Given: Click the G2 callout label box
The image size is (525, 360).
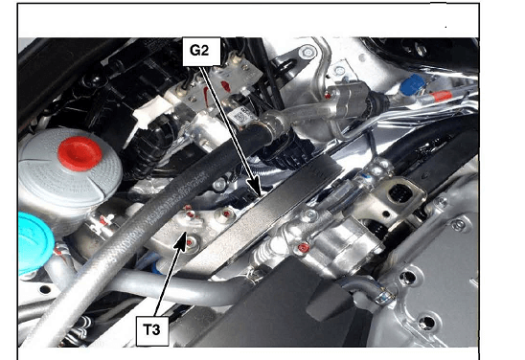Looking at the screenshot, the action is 201,51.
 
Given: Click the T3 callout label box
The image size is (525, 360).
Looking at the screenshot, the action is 152,330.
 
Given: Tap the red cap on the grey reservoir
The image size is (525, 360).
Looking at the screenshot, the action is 80,153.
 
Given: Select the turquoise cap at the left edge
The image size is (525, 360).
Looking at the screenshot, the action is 34,243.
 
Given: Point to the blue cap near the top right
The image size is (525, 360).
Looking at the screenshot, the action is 412,83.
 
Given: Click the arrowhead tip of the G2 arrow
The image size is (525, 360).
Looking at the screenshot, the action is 261,195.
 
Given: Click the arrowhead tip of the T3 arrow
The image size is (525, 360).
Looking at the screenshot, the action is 185,233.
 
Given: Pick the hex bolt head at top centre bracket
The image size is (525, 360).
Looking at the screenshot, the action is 307,52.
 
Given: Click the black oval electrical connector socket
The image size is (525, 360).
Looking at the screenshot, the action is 400,193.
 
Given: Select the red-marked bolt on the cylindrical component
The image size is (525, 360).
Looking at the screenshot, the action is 304,248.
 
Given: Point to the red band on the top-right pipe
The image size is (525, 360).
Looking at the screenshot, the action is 442,97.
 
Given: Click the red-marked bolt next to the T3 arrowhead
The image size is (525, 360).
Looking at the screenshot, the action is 191,241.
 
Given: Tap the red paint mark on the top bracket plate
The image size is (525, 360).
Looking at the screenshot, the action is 226,86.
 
